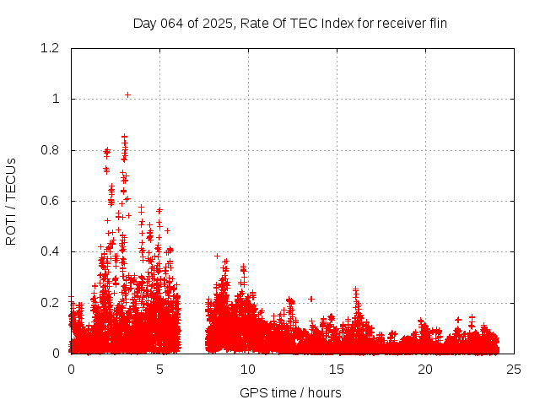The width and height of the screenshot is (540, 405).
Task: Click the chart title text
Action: (x=290, y=23)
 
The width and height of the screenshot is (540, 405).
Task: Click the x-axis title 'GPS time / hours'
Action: (x=290, y=392)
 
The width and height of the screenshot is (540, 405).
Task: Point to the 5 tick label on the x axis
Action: (x=159, y=370)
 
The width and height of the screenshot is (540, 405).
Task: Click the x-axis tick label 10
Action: (x=248, y=370)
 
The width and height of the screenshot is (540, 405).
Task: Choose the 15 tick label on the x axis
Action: (x=337, y=370)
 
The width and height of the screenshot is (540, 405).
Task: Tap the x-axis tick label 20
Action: (x=425, y=370)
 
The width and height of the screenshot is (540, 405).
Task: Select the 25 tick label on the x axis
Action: (x=514, y=370)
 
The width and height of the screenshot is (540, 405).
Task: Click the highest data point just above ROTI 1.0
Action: (x=127, y=94)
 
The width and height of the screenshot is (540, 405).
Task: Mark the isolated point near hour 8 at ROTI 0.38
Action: (x=217, y=256)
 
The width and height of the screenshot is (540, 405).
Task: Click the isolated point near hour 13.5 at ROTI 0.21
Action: (x=311, y=299)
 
